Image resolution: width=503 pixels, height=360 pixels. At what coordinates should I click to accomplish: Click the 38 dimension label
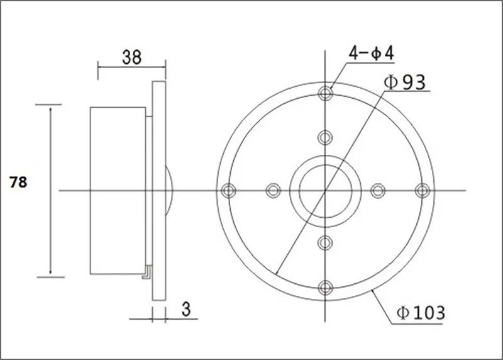click(x=131, y=57)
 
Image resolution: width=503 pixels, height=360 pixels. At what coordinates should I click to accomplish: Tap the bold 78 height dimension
click(x=18, y=182)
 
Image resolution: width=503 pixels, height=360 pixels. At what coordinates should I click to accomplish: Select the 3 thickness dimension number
click(x=186, y=308)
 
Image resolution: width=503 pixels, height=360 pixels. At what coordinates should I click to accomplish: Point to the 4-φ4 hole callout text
click(x=372, y=53)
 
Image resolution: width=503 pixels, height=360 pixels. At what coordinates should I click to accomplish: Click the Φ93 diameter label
click(x=405, y=82)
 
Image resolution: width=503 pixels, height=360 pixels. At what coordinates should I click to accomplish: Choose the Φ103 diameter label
click(x=421, y=312)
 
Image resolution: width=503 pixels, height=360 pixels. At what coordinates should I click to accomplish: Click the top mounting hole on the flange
click(x=325, y=93)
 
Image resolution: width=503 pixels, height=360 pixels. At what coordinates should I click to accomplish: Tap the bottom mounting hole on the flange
click(x=325, y=288)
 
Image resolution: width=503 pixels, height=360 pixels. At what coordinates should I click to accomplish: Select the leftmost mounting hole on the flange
click(x=228, y=191)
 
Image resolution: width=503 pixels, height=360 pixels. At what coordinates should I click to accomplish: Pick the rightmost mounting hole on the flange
click(x=422, y=191)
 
